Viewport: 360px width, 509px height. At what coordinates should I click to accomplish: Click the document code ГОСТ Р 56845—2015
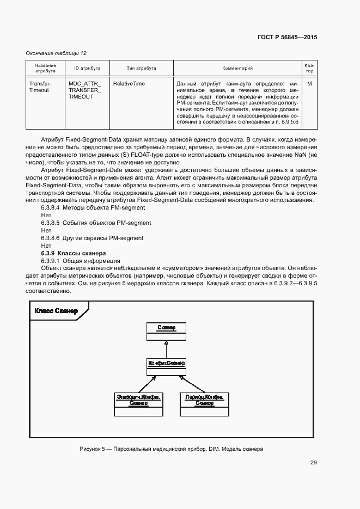point(286,38)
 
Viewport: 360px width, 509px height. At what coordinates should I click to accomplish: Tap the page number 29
point(313,463)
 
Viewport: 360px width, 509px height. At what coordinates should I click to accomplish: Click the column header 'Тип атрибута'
point(141,68)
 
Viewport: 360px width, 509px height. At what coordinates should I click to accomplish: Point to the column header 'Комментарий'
point(237,68)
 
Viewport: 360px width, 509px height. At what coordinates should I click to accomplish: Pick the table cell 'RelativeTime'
point(129,84)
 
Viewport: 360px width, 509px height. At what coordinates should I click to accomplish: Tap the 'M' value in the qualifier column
point(309,84)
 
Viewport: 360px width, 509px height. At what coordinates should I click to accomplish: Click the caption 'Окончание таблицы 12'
point(56,53)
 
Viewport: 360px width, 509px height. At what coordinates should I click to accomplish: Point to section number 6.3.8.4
point(50,208)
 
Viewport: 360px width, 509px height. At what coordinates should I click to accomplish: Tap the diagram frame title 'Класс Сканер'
point(56,311)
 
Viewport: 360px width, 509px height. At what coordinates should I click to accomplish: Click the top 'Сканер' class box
point(166,330)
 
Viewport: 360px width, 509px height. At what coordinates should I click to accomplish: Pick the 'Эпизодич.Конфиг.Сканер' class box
point(138,404)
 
